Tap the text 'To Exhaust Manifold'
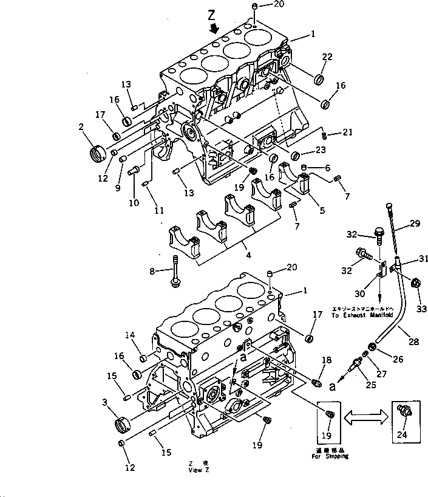click(x=361, y=316)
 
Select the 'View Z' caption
click(x=199, y=470)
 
